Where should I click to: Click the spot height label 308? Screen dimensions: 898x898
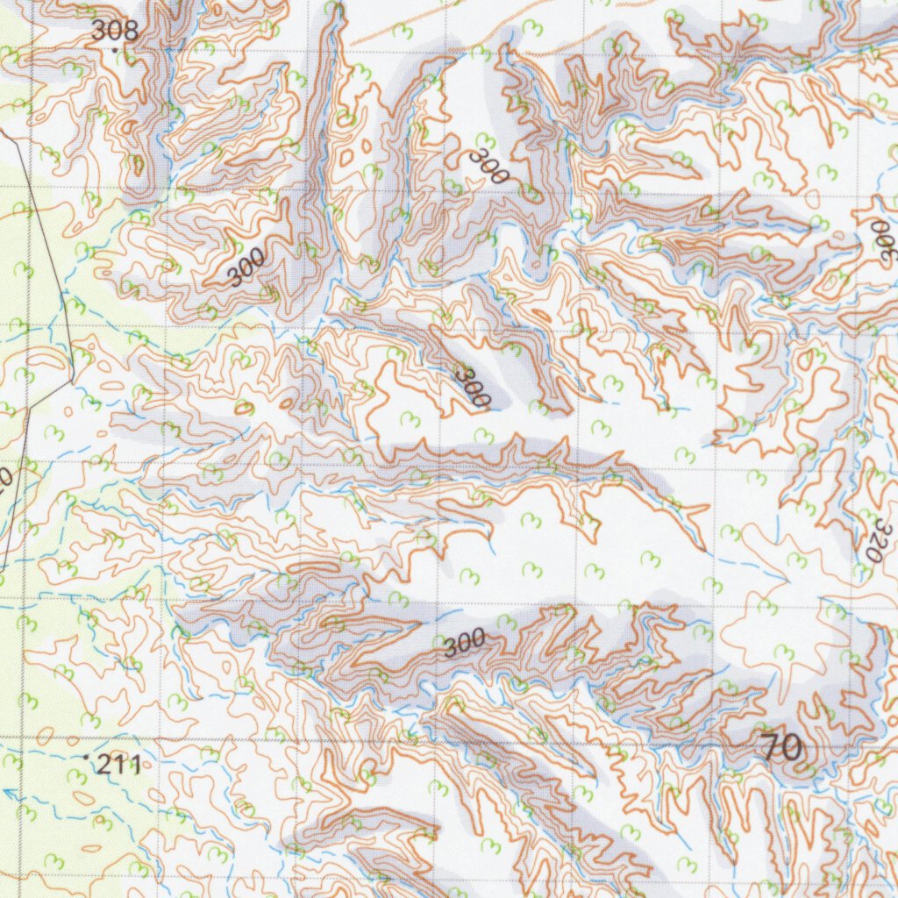pyautogui.click(x=115, y=31)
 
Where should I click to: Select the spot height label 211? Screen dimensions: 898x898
pyautogui.click(x=119, y=765)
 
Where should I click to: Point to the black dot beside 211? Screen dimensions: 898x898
pyautogui.click(x=85, y=756)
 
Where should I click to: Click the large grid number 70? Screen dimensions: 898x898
pyautogui.click(x=781, y=748)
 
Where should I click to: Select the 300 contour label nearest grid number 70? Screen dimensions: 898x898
pyautogui.click(x=463, y=645)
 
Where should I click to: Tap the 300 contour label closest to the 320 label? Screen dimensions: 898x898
pyautogui.click(x=880, y=237)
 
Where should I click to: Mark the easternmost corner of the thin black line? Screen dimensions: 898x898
pyautogui.click(x=71, y=379)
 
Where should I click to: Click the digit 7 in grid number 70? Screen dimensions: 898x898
pyautogui.click(x=771, y=748)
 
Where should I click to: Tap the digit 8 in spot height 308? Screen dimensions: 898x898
pyautogui.click(x=130, y=31)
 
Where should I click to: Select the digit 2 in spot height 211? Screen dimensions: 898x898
pyautogui.click(x=105, y=765)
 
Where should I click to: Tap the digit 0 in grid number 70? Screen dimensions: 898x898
pyautogui.click(x=792, y=748)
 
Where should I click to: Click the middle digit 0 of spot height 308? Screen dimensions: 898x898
pyautogui.click(x=115, y=31)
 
